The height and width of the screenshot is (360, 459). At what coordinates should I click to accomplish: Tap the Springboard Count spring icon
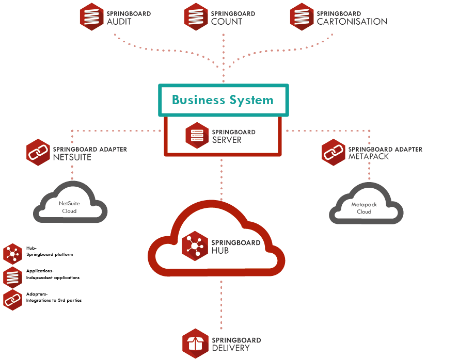(196, 17)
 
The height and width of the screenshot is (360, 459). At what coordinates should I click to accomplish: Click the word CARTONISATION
(352, 22)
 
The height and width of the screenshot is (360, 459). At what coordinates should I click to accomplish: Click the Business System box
(223, 100)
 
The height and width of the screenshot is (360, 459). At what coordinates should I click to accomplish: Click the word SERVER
(227, 140)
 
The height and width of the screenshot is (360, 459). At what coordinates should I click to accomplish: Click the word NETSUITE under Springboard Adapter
(72, 157)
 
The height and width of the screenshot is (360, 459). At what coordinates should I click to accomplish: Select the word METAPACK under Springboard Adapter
(369, 157)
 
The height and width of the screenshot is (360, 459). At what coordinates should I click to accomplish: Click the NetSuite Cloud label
(69, 207)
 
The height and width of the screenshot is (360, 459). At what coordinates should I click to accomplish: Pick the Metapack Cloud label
(364, 208)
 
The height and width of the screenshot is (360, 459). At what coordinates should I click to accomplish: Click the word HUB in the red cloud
(220, 251)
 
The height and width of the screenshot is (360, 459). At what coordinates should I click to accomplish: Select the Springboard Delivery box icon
(195, 343)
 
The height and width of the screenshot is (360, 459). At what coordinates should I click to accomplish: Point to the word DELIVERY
(231, 348)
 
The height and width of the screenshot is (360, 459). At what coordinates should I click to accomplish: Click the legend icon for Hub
(12, 254)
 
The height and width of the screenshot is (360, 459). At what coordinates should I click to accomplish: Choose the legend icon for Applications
(12, 277)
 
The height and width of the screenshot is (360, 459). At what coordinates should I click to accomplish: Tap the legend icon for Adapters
(12, 300)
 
